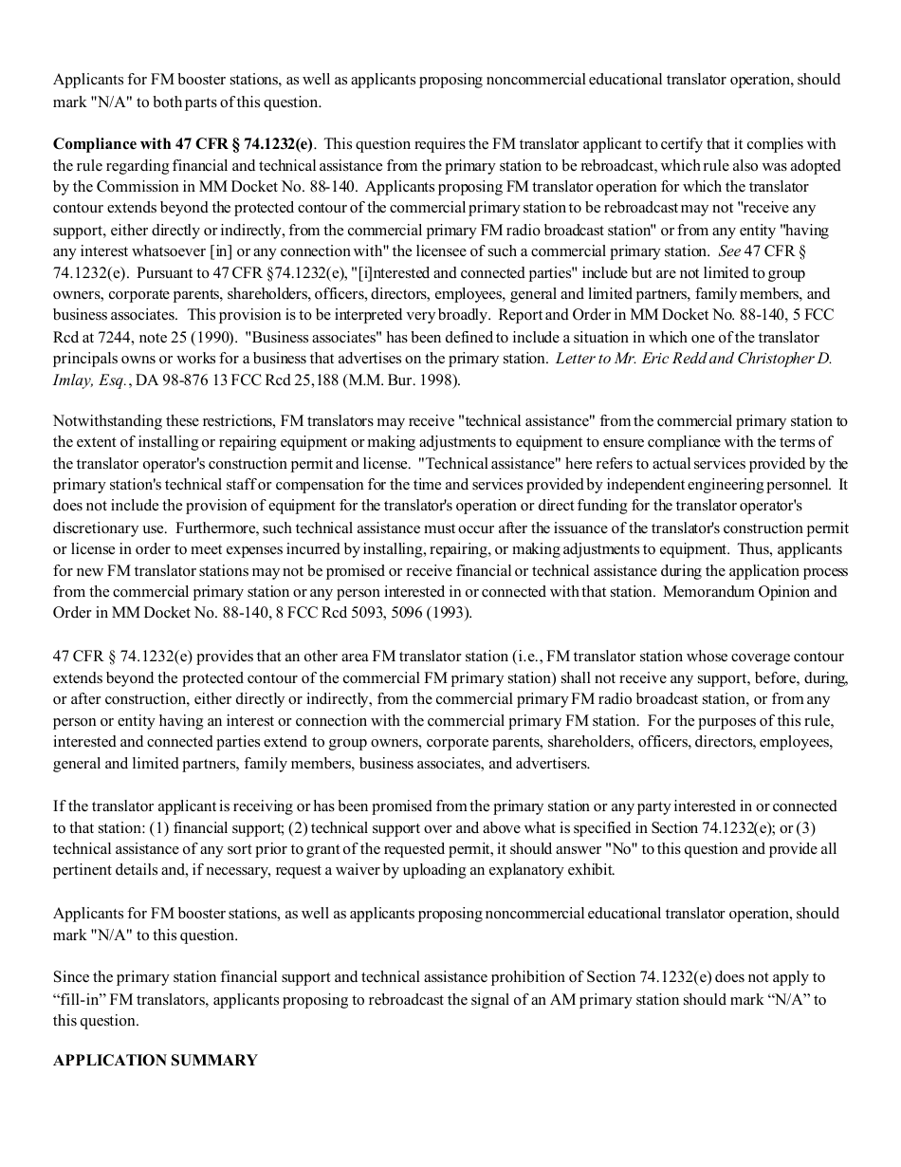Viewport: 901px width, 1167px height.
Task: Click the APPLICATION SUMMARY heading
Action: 155,1061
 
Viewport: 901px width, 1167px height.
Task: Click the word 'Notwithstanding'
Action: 105,421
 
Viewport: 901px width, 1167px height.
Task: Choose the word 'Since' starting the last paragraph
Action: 71,977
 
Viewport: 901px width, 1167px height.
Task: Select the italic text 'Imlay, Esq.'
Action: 90,380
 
